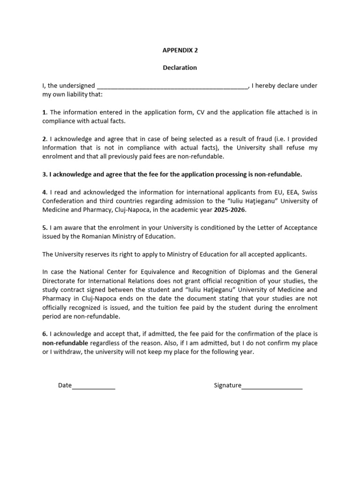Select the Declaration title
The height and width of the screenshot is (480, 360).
pyautogui.click(x=180, y=67)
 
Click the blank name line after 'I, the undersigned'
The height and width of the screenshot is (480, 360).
pyautogui.click(x=172, y=86)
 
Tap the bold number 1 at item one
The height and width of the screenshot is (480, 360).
pyautogui.click(x=45, y=112)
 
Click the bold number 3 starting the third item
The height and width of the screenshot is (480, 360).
pyautogui.click(x=45, y=174)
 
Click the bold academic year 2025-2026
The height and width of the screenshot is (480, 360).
pyautogui.click(x=230, y=210)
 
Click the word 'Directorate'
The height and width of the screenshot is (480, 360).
pyautogui.click(x=60, y=281)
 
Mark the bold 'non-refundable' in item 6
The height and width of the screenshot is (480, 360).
pyautogui.click(x=63, y=343)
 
